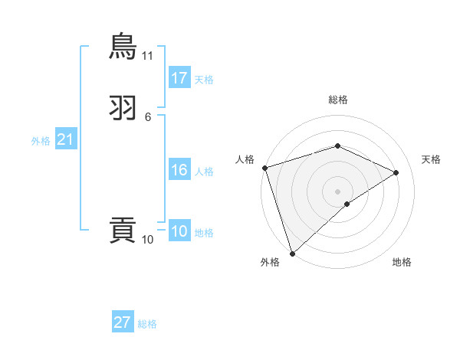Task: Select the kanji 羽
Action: click(123, 107)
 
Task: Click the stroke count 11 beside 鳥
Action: click(148, 56)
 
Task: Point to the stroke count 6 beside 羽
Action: click(148, 117)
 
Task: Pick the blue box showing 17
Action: click(179, 78)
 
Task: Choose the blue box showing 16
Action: click(179, 170)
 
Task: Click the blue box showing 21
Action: click(65, 139)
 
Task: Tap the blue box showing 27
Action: click(123, 322)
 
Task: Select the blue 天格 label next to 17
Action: click(204, 80)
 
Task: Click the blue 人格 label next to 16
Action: click(204, 172)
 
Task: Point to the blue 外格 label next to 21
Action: click(41, 141)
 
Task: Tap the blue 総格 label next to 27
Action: click(147, 324)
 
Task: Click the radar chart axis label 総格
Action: click(337, 100)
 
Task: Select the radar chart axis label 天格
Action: click(432, 159)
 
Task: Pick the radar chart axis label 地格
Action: click(402, 262)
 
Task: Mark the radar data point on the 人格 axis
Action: click(264, 168)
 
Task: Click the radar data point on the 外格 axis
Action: click(292, 253)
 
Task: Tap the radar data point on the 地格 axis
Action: click(347, 204)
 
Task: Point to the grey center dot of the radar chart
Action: click(337, 191)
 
